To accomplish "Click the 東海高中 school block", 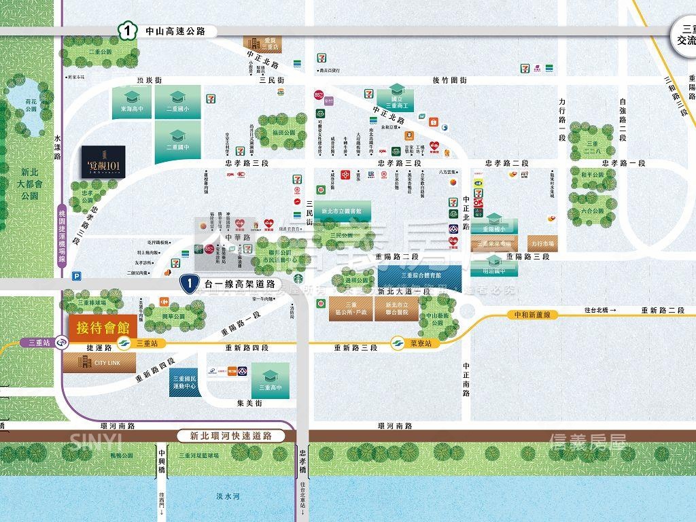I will [133, 103].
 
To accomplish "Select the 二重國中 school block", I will [178, 142].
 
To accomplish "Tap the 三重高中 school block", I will [271, 381].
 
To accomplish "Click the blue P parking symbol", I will [76, 275].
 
